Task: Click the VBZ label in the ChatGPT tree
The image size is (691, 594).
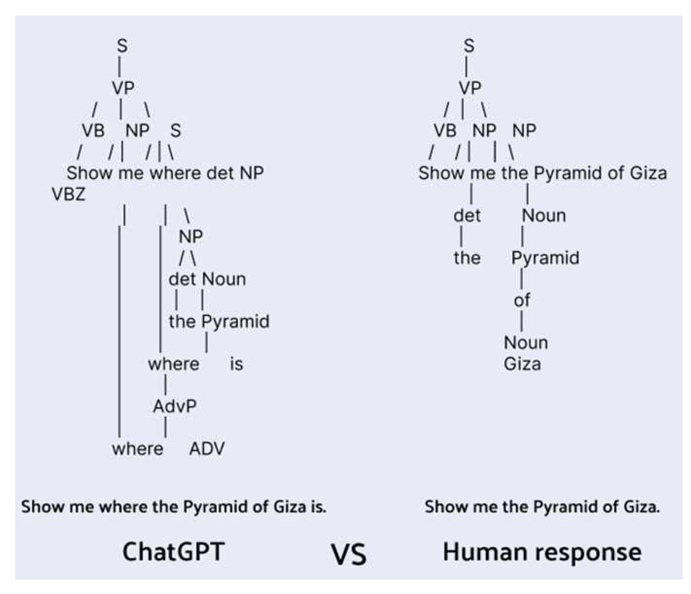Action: tap(69, 195)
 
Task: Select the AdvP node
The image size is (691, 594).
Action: tap(174, 406)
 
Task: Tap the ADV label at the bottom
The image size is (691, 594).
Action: tap(207, 449)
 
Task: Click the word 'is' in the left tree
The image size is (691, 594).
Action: tap(236, 364)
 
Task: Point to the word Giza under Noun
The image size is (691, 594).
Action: tap(522, 364)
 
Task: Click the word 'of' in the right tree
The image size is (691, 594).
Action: tap(521, 300)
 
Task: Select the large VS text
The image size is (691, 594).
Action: tap(349, 555)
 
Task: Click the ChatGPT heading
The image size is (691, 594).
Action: tap(173, 552)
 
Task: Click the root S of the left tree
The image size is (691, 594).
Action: tap(122, 46)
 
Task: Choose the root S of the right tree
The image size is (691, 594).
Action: tap(469, 46)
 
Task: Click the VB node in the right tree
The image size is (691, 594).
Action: tap(445, 130)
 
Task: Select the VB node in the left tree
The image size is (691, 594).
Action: tap(93, 130)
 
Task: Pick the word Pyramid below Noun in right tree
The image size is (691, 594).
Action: tap(545, 258)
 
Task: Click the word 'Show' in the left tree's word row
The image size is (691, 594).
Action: tap(89, 173)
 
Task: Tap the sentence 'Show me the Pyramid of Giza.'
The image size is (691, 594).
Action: tap(542, 506)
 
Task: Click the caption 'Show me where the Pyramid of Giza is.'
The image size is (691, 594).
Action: tap(174, 506)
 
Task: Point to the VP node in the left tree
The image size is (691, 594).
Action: tap(123, 88)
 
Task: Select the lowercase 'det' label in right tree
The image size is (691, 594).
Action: tap(467, 216)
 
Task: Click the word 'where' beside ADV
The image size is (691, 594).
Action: tap(137, 449)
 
